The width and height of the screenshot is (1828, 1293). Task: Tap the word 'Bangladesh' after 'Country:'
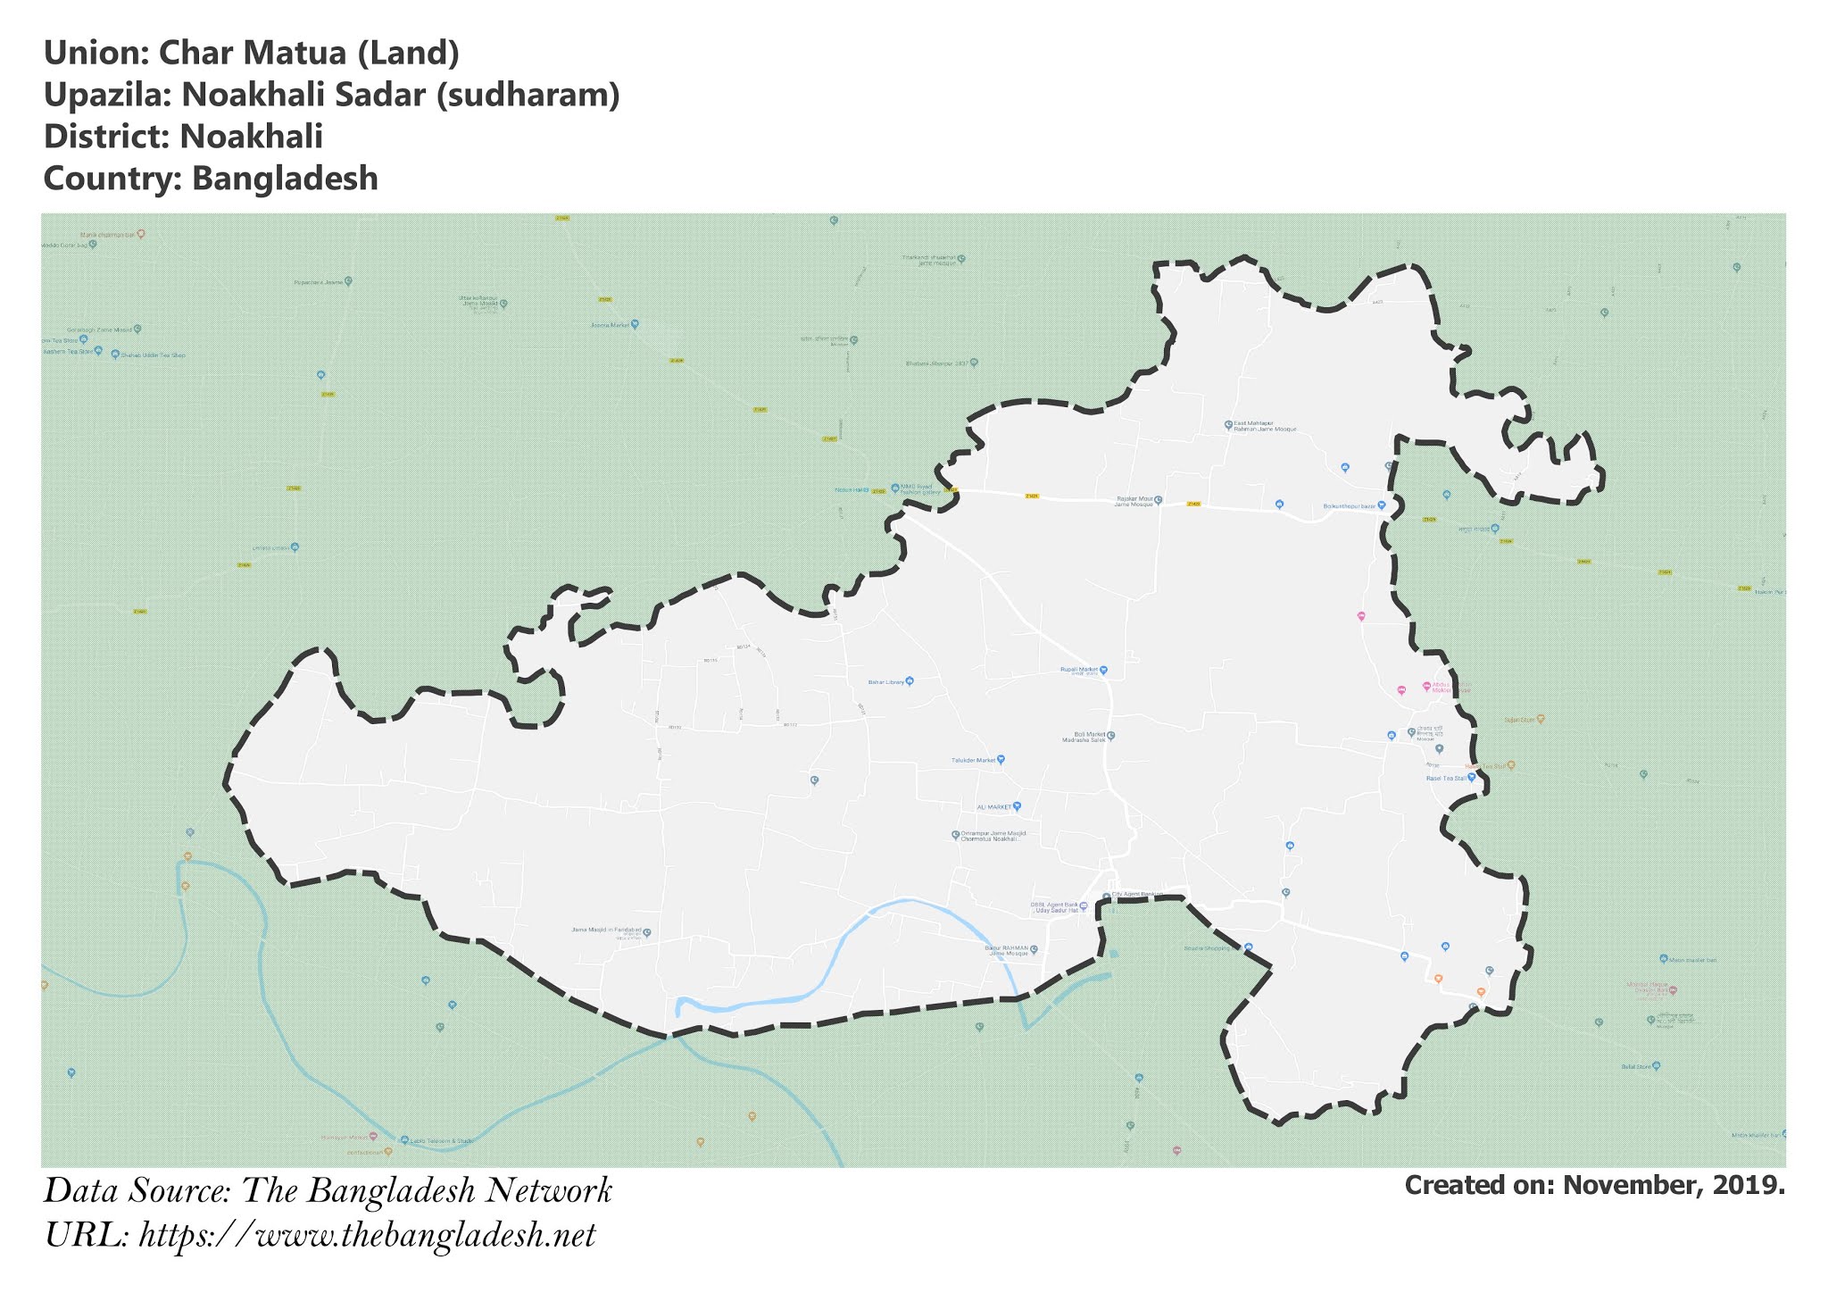point(285,179)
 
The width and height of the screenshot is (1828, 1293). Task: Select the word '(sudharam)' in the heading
point(527,96)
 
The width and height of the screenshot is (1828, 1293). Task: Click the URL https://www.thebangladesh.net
point(367,1236)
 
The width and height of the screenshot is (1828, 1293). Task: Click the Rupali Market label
point(1079,669)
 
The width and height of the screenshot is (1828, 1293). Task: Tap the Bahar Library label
point(886,682)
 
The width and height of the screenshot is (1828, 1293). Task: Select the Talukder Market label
point(974,761)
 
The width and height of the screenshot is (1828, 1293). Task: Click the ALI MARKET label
point(994,807)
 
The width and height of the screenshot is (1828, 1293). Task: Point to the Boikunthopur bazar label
point(1350,506)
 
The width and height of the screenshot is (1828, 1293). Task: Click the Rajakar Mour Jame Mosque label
point(1134,502)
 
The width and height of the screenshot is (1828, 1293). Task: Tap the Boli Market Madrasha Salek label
point(1084,737)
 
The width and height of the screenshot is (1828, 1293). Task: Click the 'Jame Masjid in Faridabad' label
point(607,930)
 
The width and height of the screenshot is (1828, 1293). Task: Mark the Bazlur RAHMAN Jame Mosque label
point(1007,950)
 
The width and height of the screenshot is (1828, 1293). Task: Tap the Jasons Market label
point(611,325)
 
